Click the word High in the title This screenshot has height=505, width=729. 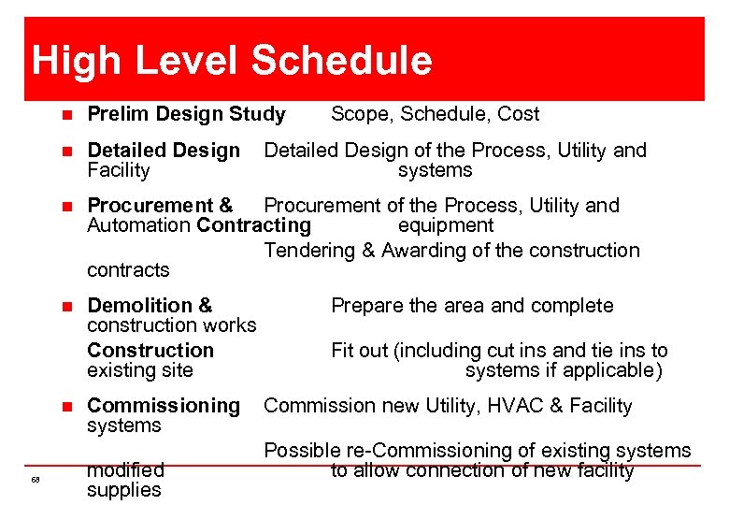tap(76, 62)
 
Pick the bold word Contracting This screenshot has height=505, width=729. tap(253, 225)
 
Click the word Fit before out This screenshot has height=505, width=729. tap(341, 351)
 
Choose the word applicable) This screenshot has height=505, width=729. tap(614, 370)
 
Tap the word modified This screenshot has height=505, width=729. tap(125, 469)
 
